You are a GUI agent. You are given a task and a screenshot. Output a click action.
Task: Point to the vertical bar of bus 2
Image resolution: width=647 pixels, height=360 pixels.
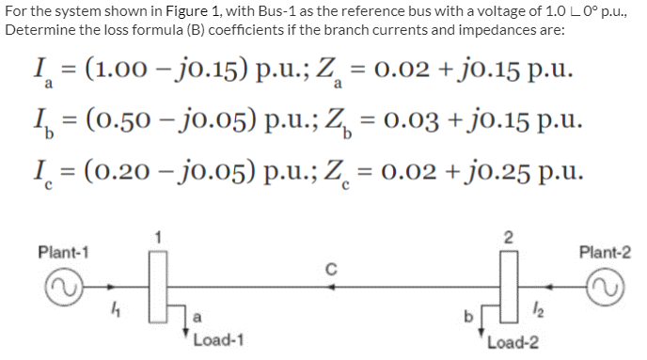click(x=507, y=285)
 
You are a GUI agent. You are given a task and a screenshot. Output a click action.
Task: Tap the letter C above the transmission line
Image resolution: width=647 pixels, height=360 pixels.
click(x=331, y=267)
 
